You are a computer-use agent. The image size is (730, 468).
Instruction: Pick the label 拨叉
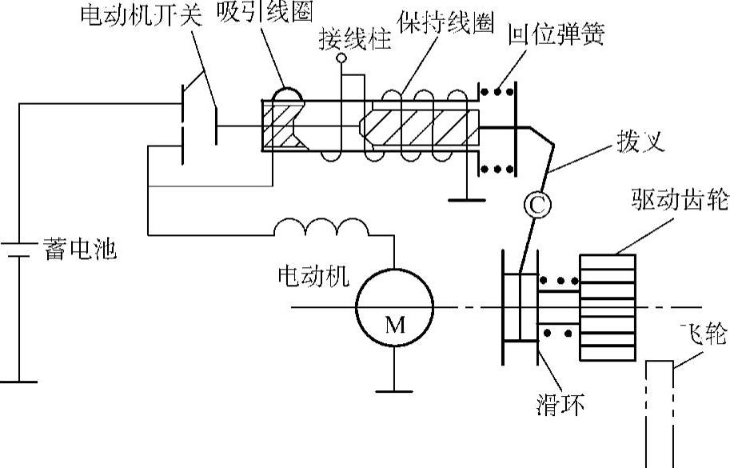click(x=641, y=141)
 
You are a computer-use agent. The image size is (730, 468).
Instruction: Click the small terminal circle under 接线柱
click(x=341, y=58)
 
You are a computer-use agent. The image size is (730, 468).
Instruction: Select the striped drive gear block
click(x=607, y=307)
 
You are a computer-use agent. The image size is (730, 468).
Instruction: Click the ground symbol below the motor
click(x=395, y=390)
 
